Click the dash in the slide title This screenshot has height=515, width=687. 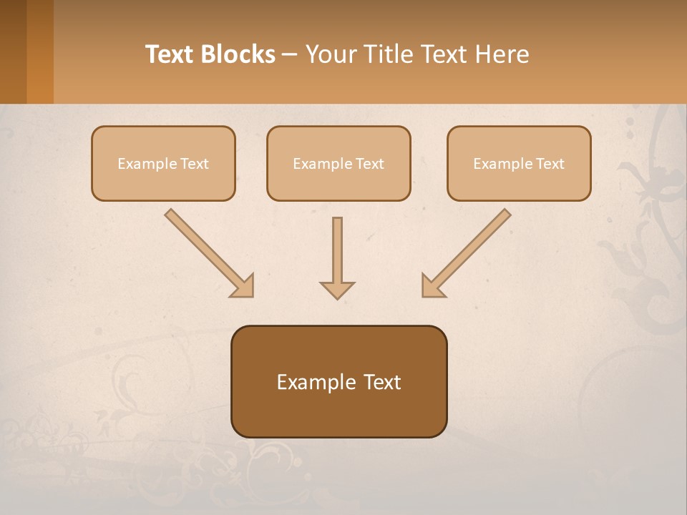[x=290, y=55]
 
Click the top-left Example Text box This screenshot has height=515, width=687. [x=163, y=163]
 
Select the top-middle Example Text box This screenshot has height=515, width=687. [x=338, y=163]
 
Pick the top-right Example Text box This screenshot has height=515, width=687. [x=519, y=163]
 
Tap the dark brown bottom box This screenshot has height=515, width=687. [x=338, y=381]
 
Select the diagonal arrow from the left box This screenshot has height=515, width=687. [x=204, y=248]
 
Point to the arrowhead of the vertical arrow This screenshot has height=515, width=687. [x=337, y=290]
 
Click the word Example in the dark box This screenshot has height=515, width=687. [x=316, y=383]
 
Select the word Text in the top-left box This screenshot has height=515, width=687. [x=194, y=164]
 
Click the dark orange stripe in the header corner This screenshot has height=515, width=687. [x=40, y=51]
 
